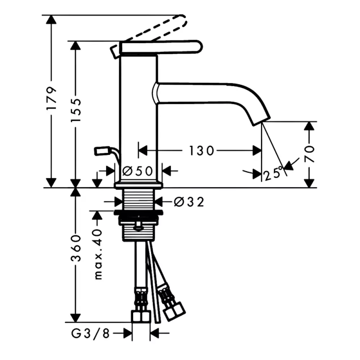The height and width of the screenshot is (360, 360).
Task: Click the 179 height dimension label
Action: click(51, 98)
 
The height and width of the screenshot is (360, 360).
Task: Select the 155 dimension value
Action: click(76, 111)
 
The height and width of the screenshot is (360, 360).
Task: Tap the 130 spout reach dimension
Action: click(202, 151)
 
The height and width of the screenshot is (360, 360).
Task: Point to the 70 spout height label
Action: click(309, 153)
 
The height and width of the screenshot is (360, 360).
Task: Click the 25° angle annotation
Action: click(273, 173)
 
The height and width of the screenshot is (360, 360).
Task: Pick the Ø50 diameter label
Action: click(138, 171)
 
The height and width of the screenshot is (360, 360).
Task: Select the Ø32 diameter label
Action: click(189, 202)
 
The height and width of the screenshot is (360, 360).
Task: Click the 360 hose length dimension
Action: click(76, 248)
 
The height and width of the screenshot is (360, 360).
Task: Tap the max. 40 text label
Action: click(98, 254)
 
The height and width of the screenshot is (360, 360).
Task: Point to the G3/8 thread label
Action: click(90, 333)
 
